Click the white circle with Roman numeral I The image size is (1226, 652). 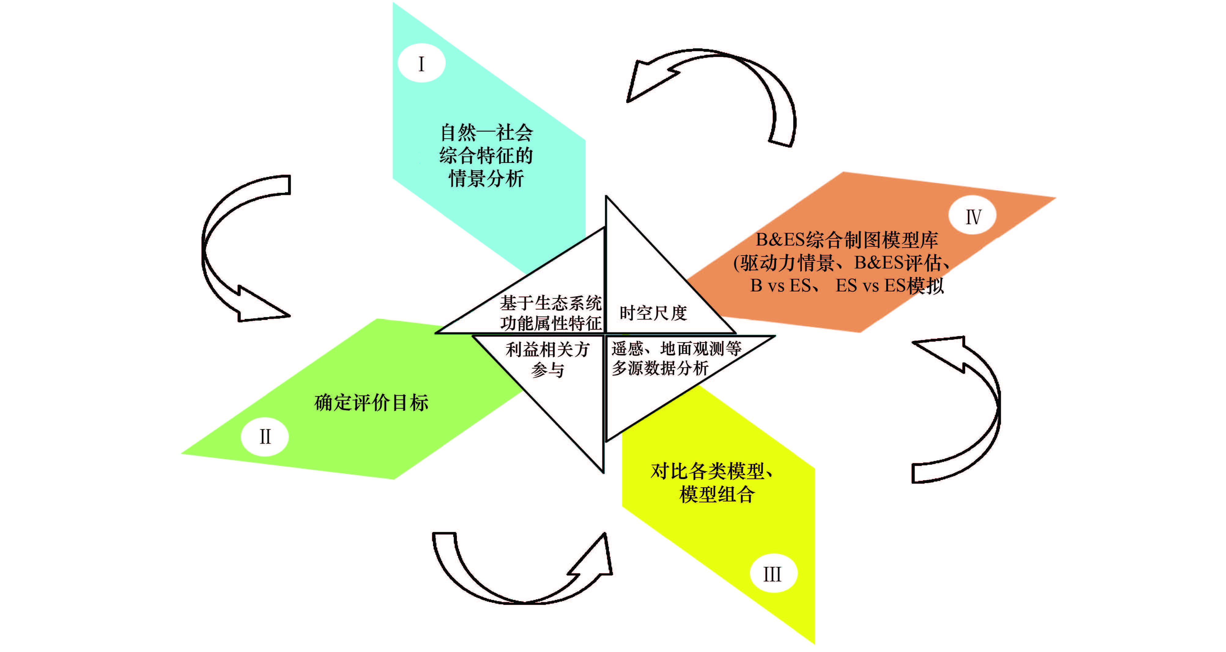coord(421,63)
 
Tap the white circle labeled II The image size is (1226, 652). coord(265,437)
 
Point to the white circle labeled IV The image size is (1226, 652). coord(973,216)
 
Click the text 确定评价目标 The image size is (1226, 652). coord(371,403)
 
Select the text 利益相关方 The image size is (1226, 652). coord(547,350)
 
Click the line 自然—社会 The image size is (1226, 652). coord(487,133)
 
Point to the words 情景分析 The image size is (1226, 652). coord(487,178)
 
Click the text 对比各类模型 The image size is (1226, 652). coord(707,471)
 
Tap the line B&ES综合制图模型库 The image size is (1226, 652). coord(847,240)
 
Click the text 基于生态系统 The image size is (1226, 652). coord(551,303)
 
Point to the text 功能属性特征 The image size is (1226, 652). coord(551,323)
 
